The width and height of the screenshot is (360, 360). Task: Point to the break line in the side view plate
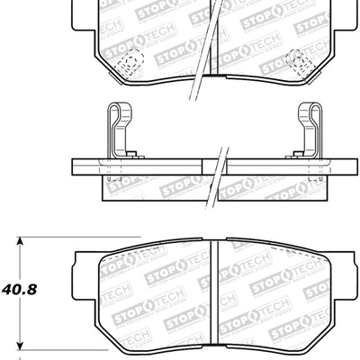coord(219,167)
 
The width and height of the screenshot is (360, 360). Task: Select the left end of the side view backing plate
coord(74,167)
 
